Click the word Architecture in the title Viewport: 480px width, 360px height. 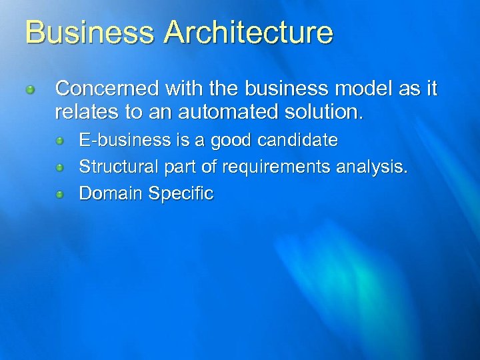(249, 32)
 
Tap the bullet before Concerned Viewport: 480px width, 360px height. (30, 89)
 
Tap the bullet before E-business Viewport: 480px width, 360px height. (59, 141)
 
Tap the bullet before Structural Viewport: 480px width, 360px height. (59, 168)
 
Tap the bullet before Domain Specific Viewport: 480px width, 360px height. (59, 195)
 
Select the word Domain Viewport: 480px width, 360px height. (111, 194)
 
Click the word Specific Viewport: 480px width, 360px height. (181, 194)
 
